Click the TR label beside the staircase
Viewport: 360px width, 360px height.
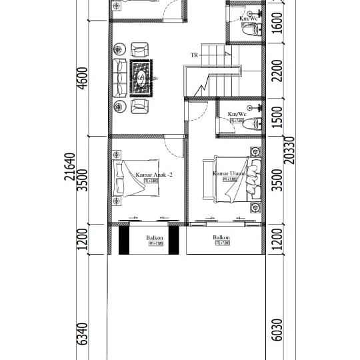pyautogui.click(x=195, y=55)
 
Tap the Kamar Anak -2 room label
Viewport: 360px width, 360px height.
pyautogui.click(x=154, y=175)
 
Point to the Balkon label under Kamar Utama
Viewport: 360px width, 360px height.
pyautogui.click(x=221, y=237)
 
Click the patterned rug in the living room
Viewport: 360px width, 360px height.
pyautogui.click(x=141, y=77)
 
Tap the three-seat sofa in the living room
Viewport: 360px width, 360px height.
pyautogui.click(x=120, y=77)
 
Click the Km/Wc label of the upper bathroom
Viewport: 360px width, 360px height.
pyautogui.click(x=248, y=19)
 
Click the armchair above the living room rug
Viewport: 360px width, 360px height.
pyautogui.click(x=139, y=49)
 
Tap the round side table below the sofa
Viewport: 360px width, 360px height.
pyautogui.click(x=120, y=106)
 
